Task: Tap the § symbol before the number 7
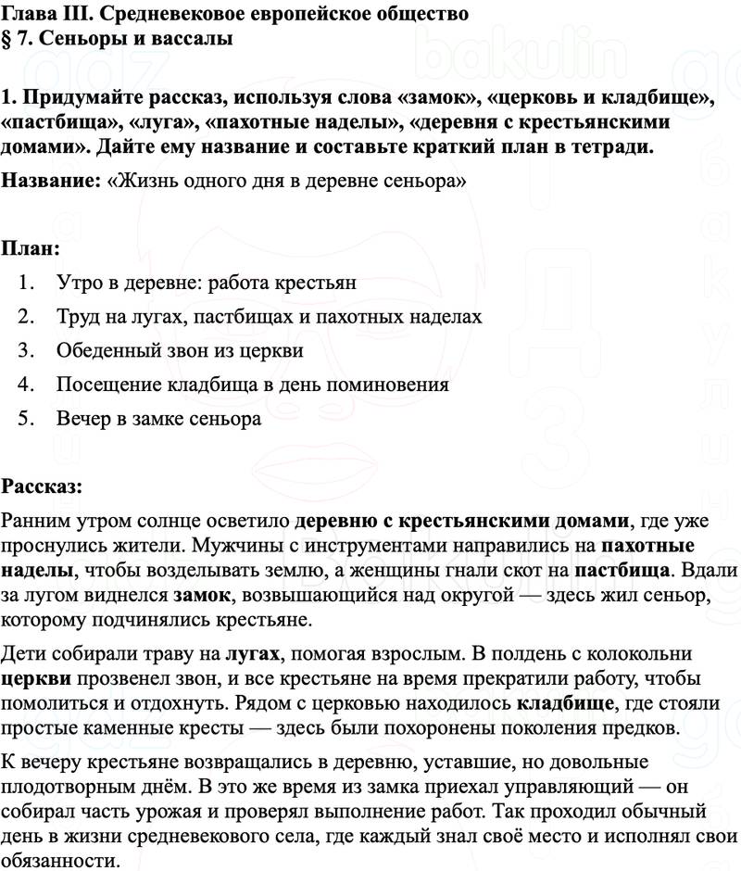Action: coord(7,39)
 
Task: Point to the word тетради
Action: coord(602,146)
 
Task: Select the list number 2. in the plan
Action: coord(26,317)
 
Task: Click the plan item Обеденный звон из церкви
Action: coord(180,351)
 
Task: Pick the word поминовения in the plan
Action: coord(383,385)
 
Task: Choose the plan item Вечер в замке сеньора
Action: coord(158,419)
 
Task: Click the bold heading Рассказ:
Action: coord(42,486)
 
